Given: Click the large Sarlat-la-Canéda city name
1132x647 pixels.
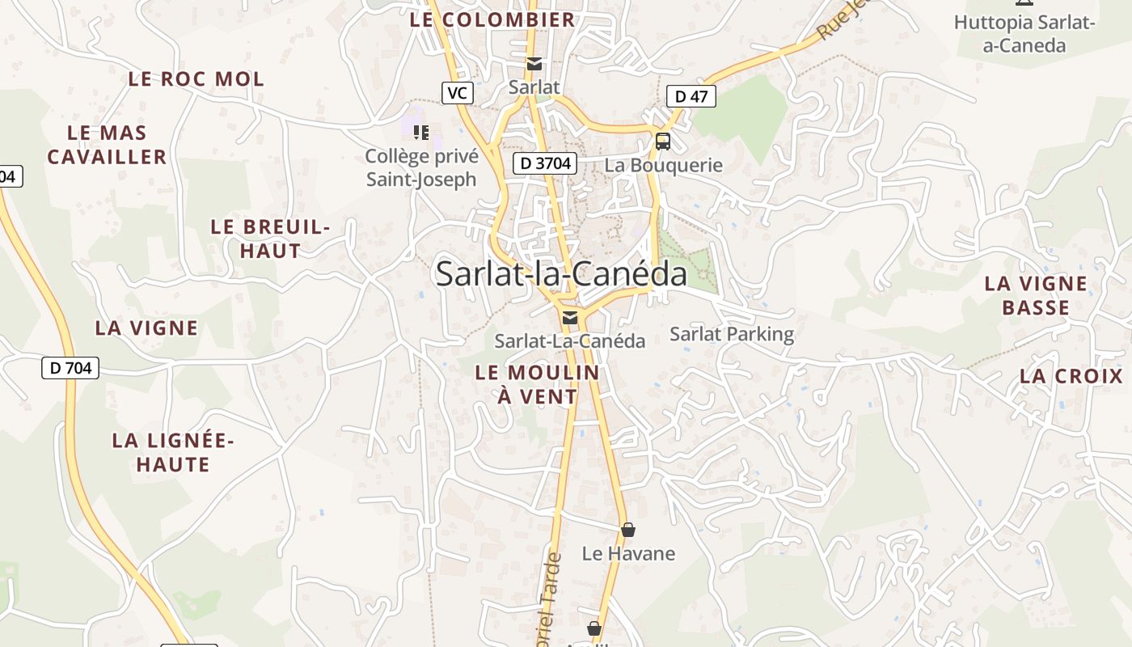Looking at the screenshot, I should tap(561, 274).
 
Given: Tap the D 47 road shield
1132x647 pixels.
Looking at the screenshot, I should tap(691, 96).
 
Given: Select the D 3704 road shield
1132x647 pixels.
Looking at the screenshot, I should tap(545, 163).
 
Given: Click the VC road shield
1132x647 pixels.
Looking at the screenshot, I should tap(457, 93).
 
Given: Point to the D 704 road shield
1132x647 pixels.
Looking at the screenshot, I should tap(70, 368).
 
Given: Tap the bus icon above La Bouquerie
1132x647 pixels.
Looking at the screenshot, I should tap(663, 142).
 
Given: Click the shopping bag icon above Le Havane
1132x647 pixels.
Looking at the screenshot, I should tap(628, 530).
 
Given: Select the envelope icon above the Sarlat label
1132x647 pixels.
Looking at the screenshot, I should tap(534, 64).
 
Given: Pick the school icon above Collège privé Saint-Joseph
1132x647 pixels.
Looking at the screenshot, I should tap(420, 132).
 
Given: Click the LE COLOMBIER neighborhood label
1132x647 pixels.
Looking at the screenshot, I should tap(492, 19).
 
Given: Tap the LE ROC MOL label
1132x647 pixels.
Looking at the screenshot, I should tap(196, 79).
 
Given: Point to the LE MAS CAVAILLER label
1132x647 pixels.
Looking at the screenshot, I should tap(107, 145).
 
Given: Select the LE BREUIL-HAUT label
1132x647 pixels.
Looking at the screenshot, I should tap(271, 239).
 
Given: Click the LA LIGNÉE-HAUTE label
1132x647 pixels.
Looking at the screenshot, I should tap(173, 452).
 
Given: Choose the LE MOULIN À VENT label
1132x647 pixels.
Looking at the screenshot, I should tap(537, 384).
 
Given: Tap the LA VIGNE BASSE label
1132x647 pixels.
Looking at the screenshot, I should tap(1036, 295).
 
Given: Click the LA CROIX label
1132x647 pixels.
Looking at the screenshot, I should tap(1071, 376).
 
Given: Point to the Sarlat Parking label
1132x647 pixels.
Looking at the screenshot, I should tap(732, 334).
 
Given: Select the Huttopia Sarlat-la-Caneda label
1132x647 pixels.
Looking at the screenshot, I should tap(1024, 33).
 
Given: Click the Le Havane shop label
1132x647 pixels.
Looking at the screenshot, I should tap(628, 554).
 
